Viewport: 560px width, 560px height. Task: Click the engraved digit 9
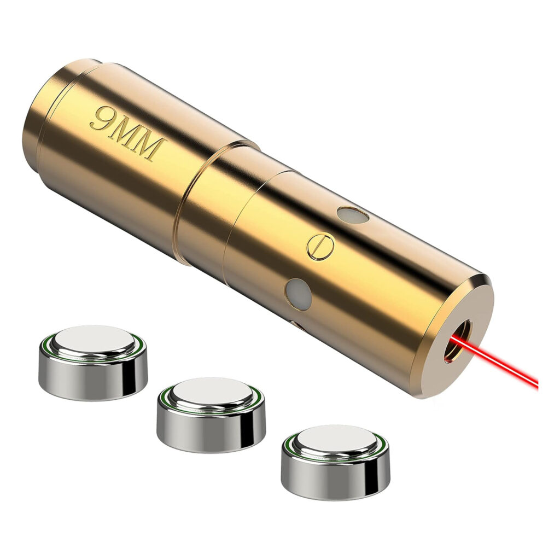coord(102,119)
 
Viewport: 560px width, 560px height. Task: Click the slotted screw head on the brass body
coord(320,246)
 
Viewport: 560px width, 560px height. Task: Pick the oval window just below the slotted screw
coord(298,294)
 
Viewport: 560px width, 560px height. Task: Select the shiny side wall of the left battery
coord(93,378)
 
